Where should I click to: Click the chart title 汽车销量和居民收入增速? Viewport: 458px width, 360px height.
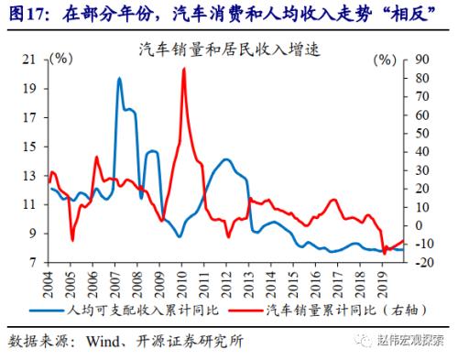[228, 47]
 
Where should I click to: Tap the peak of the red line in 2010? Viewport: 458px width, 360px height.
[184, 69]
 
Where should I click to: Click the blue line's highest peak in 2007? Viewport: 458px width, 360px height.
[119, 79]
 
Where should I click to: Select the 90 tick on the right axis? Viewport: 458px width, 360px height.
[423, 60]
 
